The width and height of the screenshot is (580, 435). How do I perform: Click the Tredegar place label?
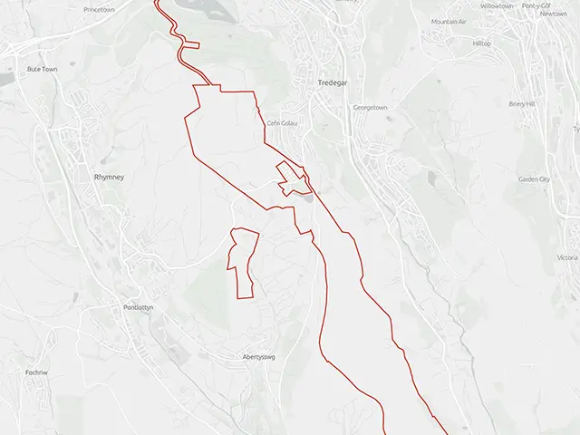coord(333,82)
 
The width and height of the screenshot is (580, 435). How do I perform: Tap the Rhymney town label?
coord(109,178)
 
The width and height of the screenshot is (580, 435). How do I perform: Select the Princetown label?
coord(99,9)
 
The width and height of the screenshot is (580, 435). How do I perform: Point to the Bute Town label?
coord(42,69)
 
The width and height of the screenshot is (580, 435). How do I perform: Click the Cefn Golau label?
coord(283,123)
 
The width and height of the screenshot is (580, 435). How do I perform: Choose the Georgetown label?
coord(370,108)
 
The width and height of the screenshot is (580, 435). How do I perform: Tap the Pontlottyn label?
coord(139,307)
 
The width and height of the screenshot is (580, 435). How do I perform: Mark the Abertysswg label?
coord(257,357)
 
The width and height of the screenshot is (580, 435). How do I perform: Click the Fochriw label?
coord(37,372)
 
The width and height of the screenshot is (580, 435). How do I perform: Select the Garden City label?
coord(534,179)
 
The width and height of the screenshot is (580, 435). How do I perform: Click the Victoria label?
coord(567,258)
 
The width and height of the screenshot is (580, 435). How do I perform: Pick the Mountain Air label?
coord(449,21)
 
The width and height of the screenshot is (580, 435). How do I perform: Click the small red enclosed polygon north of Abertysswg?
coord(243,263)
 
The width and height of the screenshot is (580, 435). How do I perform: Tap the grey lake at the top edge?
coord(208,7)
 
